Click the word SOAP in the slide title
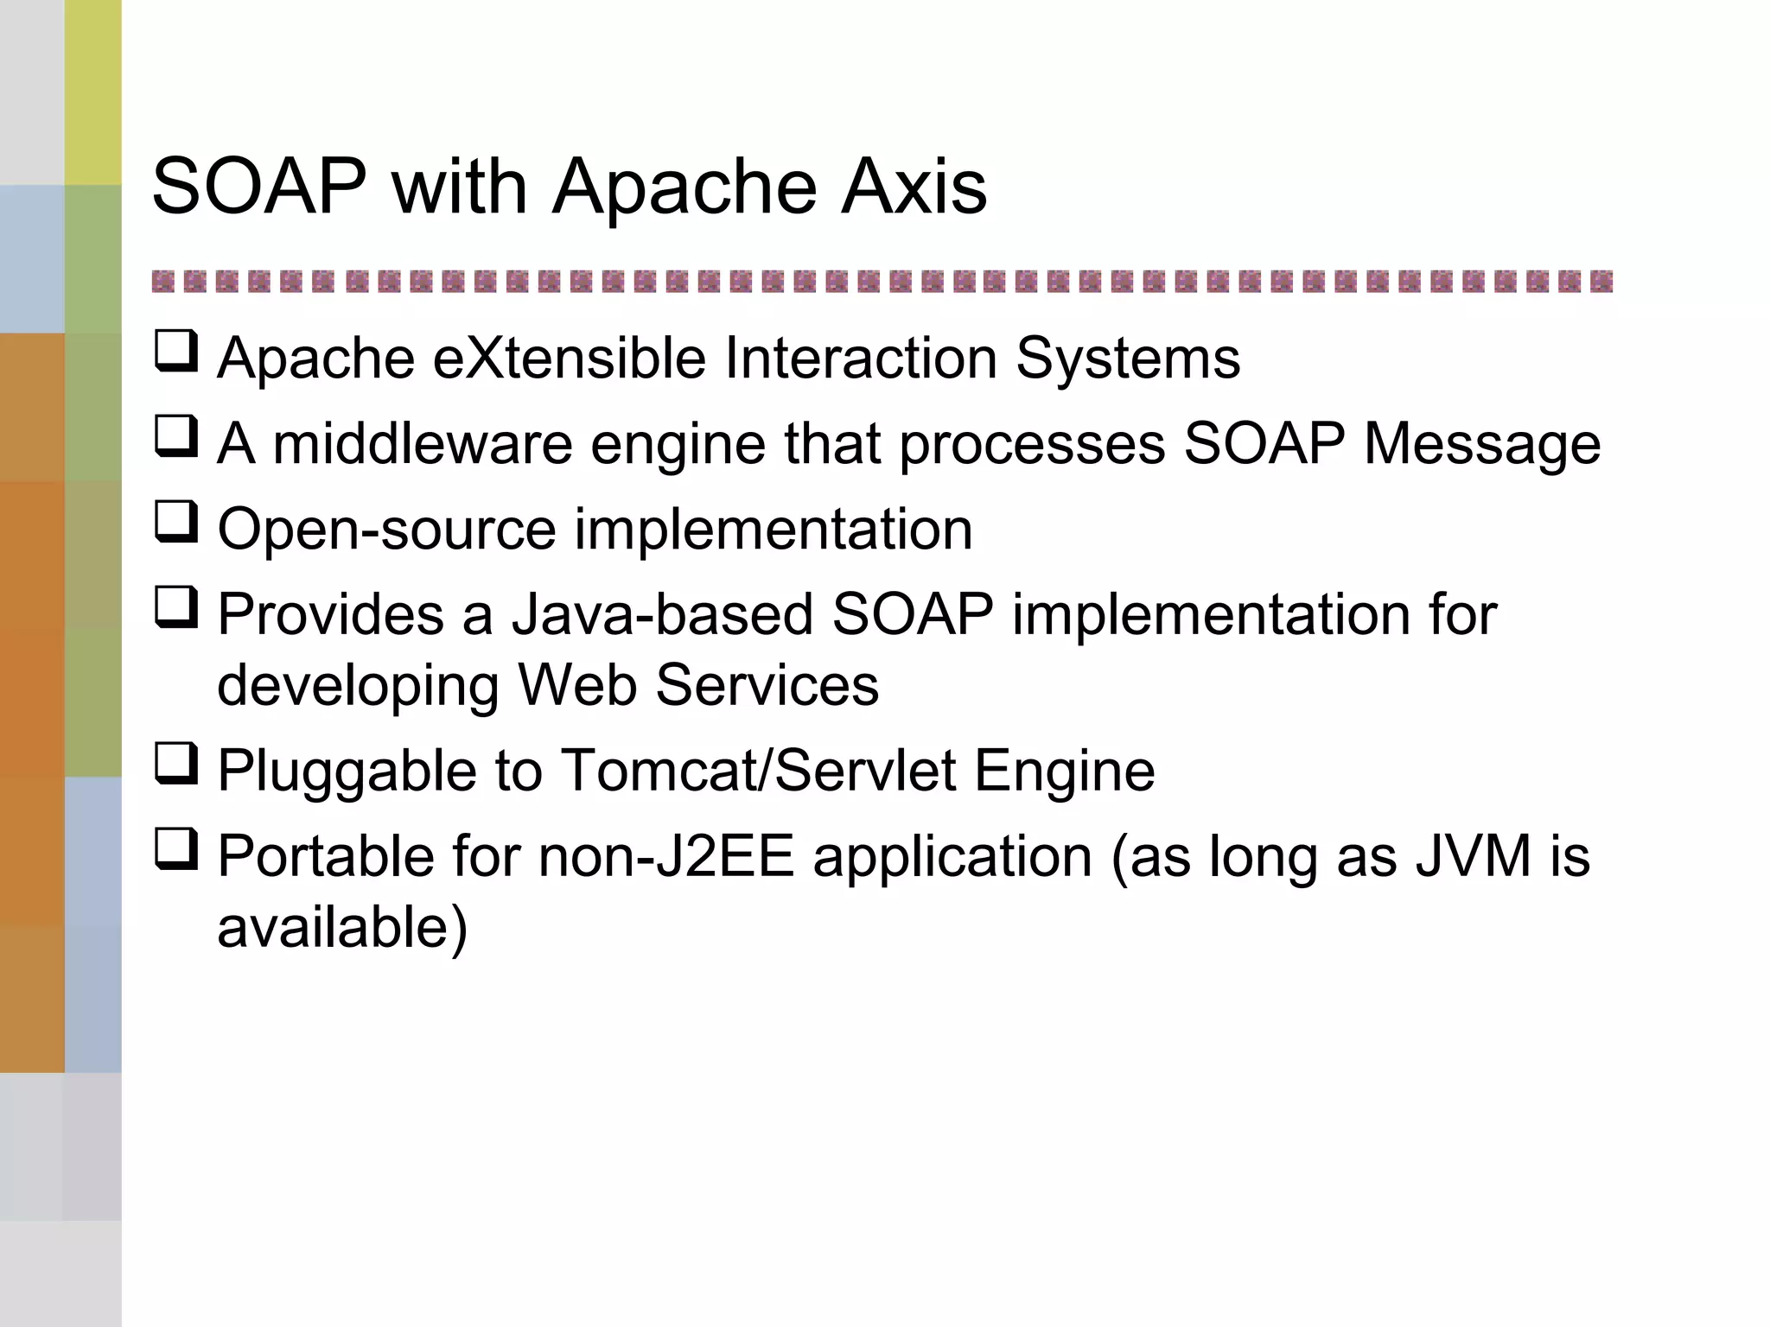(259, 187)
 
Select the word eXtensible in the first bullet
(569, 358)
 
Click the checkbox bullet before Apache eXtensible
(176, 352)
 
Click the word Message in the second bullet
(1481, 444)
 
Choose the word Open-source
(386, 529)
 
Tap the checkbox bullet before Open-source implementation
(176, 523)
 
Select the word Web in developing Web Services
(577, 685)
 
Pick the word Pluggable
(347, 771)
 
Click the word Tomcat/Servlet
(759, 771)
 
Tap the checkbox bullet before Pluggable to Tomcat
(176, 764)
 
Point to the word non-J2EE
(665, 856)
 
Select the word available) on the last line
(342, 927)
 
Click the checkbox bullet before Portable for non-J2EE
(176, 849)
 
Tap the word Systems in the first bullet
(1128, 358)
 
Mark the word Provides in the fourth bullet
(331, 614)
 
